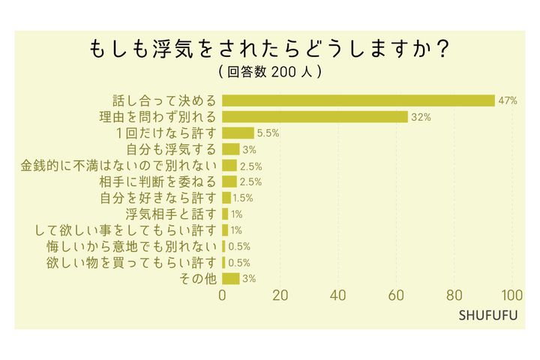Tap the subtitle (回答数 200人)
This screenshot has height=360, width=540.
click(270, 72)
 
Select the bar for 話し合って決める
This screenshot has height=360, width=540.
click(358, 100)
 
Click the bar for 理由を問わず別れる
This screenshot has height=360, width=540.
click(315, 117)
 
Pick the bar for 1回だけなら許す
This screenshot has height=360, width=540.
click(238, 133)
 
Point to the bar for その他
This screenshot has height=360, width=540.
click(231, 278)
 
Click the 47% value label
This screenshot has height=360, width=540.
click(508, 100)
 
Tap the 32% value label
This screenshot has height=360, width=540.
click(421, 117)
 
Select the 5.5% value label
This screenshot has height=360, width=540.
click(268, 133)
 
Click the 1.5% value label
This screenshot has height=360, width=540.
click(243, 198)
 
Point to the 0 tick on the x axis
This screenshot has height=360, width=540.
click(223, 295)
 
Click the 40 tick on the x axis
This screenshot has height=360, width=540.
click(338, 295)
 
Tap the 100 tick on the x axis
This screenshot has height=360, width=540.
click(512, 295)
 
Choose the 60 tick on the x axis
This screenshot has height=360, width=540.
click(396, 295)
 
